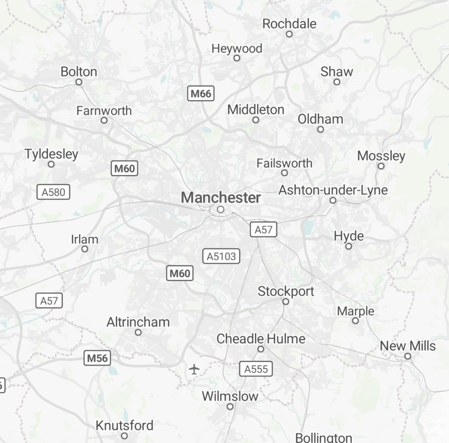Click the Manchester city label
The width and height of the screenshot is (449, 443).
pos(221,198)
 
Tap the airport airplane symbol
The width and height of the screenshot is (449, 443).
pos(194,369)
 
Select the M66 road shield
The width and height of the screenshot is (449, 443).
pos(201,93)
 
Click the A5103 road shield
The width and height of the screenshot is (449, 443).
pos(221,256)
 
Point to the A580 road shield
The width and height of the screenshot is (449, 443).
pos(53,192)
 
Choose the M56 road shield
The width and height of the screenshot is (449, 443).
pos(97,358)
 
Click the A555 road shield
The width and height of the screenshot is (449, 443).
pos(256,369)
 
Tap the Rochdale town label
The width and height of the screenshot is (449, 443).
pos(289,24)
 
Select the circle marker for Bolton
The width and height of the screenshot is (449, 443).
pos(79,82)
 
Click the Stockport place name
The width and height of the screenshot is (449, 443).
pos(286,291)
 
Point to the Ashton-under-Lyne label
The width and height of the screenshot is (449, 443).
pos(333,190)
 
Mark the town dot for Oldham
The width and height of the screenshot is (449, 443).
pos(321,129)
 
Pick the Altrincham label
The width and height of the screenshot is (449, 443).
pos(138,322)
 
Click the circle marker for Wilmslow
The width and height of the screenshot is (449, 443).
pos(230,407)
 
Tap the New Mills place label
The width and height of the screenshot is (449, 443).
pos(408,346)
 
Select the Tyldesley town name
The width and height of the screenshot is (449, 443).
pos(51,154)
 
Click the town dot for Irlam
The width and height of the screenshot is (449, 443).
pos(85,249)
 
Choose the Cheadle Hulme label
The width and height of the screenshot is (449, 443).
pos(261,339)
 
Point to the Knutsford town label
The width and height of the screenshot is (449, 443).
pos(124,425)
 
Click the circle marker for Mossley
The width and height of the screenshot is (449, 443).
pos(381,166)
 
